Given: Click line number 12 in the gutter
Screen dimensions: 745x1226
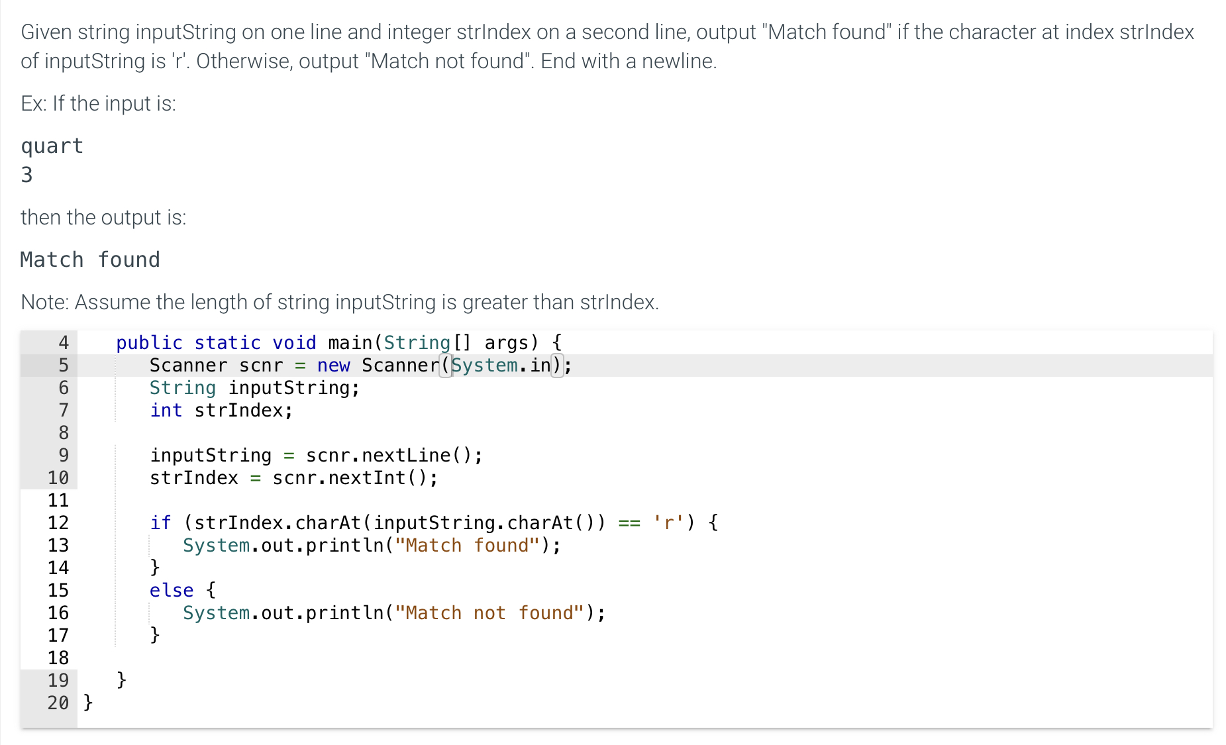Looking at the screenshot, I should [58, 523].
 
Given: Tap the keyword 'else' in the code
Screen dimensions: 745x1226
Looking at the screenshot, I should [172, 591].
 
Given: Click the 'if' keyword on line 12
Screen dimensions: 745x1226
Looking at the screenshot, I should [160, 523].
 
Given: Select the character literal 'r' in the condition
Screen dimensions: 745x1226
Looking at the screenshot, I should [668, 523].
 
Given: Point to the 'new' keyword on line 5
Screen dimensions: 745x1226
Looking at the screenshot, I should [333, 366].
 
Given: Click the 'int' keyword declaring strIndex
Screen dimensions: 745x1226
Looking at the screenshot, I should [166, 411].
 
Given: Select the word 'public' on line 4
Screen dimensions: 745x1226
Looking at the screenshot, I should [149, 343].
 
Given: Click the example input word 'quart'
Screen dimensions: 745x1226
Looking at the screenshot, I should [52, 146].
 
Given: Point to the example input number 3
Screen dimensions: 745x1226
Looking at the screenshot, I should [26, 175].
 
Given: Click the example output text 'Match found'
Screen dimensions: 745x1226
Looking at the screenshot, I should [90, 260].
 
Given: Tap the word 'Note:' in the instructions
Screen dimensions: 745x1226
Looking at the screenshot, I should [45, 302].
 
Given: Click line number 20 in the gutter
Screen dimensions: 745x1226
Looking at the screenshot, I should [58, 703].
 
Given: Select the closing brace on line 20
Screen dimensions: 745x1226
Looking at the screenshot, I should [88, 703].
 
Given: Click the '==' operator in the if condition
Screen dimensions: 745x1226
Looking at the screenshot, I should [629, 523].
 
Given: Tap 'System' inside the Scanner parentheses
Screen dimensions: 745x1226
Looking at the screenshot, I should [485, 366].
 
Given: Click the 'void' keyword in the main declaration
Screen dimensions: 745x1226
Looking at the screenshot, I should [294, 343].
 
